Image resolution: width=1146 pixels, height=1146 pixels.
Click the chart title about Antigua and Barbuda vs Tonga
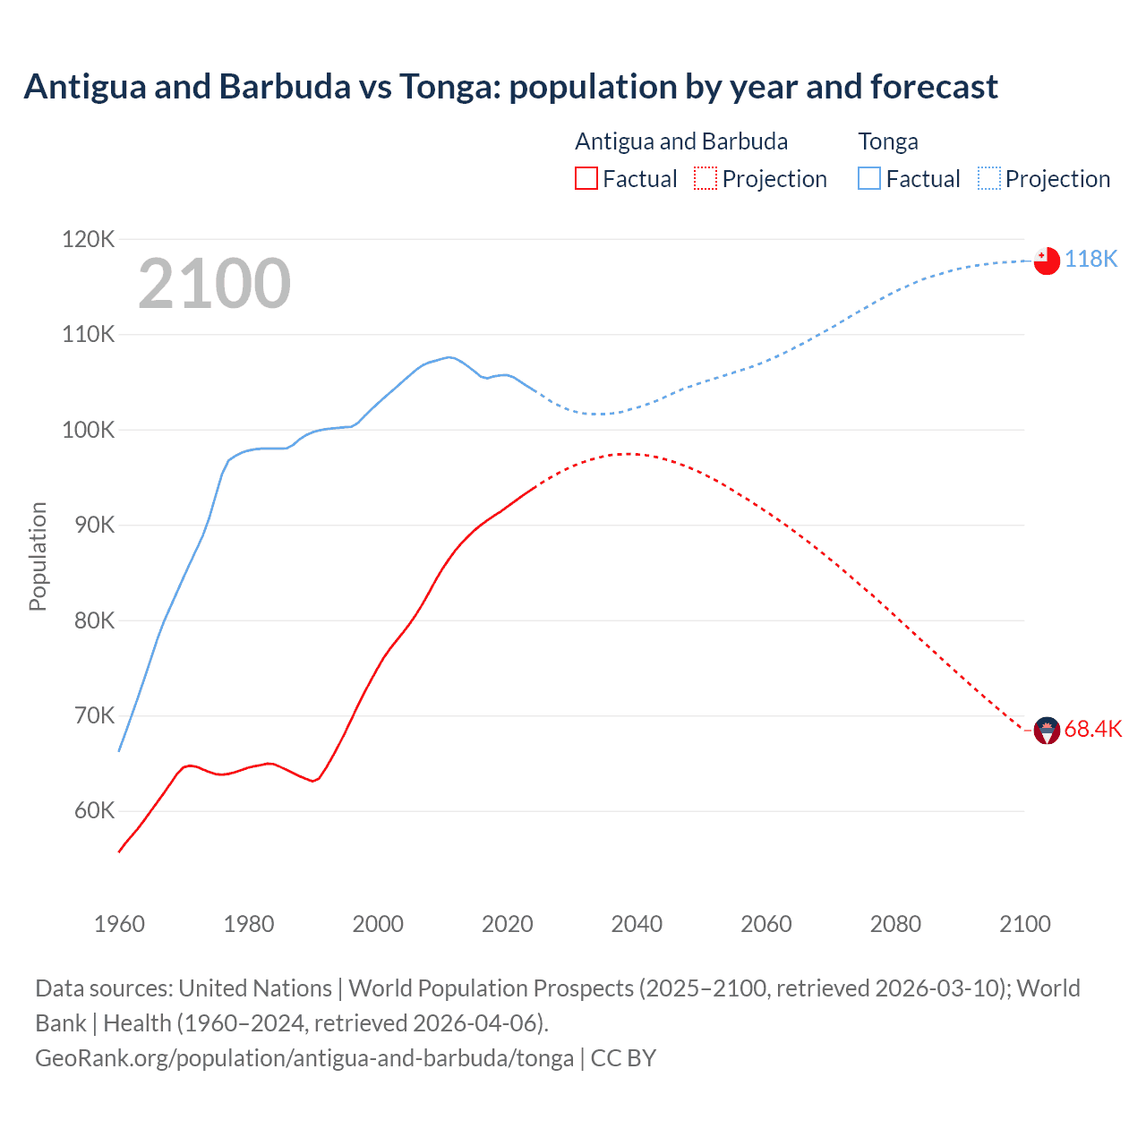pyautogui.click(x=510, y=87)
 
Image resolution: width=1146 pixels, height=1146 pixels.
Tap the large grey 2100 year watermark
pyautogui.click(x=214, y=284)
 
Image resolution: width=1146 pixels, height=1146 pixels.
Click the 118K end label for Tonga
pyautogui.click(x=1090, y=259)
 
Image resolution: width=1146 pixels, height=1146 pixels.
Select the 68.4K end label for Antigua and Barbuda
pyautogui.click(x=1092, y=729)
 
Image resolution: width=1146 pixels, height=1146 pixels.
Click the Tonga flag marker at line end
pyautogui.click(x=1047, y=261)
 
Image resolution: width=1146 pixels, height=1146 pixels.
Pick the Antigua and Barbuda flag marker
pyautogui.click(x=1047, y=731)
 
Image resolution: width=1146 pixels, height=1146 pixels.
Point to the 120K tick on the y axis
pyautogui.click(x=89, y=239)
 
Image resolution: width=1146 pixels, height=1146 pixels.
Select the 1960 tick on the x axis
pyautogui.click(x=119, y=924)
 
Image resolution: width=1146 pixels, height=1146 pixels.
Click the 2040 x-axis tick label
pyautogui.click(x=637, y=924)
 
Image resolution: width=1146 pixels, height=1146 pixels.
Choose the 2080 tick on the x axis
pyautogui.click(x=895, y=924)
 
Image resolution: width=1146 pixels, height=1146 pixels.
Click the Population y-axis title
pyautogui.click(x=38, y=556)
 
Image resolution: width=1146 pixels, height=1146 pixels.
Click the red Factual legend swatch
pyautogui.click(x=586, y=178)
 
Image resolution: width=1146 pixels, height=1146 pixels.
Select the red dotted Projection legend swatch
pyautogui.click(x=706, y=178)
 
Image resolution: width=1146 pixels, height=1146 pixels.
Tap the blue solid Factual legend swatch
pyautogui.click(x=869, y=178)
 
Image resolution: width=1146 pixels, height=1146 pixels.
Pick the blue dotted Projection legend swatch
pyautogui.click(x=988, y=178)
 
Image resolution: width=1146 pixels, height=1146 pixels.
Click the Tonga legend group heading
pyautogui.click(x=888, y=141)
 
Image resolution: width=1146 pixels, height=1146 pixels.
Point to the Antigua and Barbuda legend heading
pyautogui.click(x=681, y=141)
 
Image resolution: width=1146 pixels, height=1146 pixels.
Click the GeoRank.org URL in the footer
pyautogui.click(x=304, y=1057)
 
